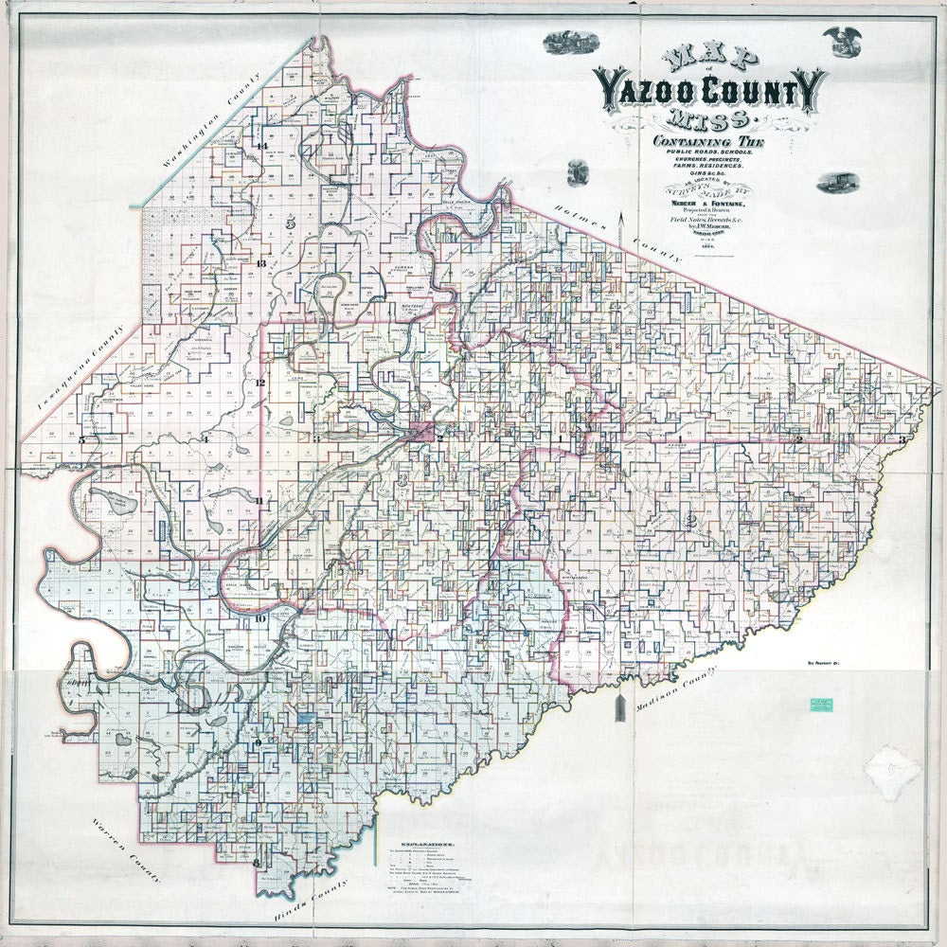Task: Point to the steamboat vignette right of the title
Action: coord(834,181)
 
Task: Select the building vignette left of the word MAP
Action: coord(571,42)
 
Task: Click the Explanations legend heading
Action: coord(422,842)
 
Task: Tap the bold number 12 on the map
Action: coord(259,383)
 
